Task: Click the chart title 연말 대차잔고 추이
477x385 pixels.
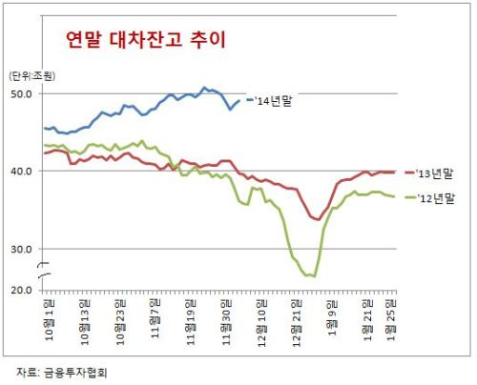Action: coord(146,40)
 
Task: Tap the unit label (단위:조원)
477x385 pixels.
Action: coord(31,76)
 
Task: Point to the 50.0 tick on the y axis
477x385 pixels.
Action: coord(22,94)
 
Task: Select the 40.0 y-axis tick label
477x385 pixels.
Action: coord(22,172)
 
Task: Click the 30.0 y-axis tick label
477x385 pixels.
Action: coord(22,250)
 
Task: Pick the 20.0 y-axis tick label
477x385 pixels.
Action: coord(22,291)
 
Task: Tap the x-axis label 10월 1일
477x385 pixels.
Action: coord(50,319)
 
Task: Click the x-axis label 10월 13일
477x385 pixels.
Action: coord(85,322)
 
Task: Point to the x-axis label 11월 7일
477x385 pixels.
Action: coord(156,318)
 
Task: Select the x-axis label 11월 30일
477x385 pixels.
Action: coord(226,322)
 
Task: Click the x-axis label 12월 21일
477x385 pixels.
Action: coord(297,323)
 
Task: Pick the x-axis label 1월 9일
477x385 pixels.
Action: coord(332,317)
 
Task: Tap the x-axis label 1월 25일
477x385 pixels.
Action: coord(390,320)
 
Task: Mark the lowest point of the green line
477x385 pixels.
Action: coord(315,276)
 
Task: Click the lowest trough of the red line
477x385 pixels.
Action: coord(319,219)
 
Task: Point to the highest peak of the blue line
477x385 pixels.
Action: coord(204,88)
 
